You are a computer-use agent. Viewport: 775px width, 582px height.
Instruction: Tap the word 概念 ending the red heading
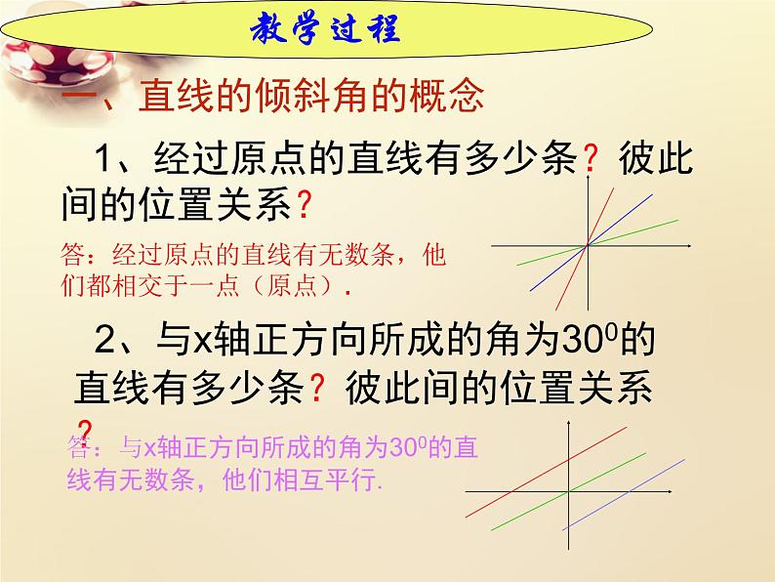point(448,98)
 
